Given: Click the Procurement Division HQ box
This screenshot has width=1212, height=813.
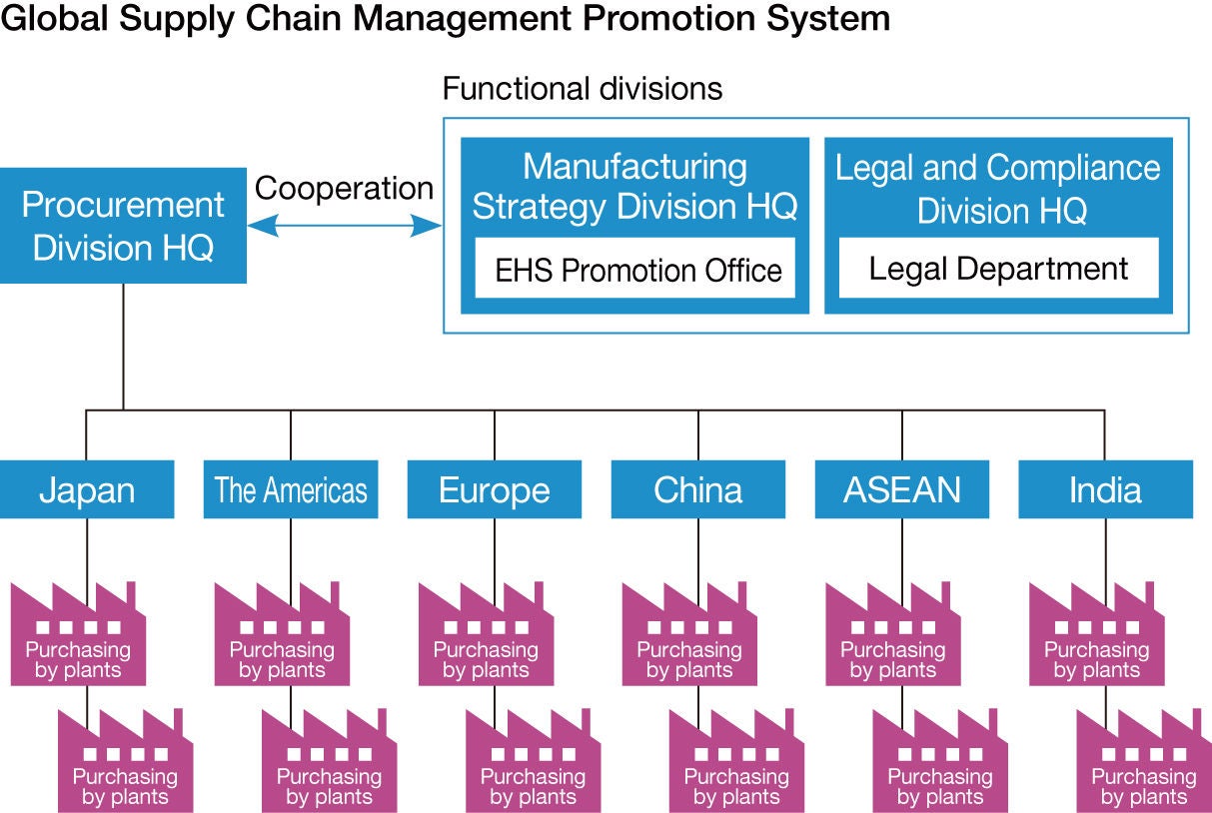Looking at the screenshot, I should coord(123,225).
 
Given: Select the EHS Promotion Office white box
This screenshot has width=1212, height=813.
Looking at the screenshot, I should coord(635,269).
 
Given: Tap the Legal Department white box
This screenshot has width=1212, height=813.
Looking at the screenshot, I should coord(998,268).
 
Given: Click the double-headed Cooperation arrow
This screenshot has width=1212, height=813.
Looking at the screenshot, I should coord(344,228).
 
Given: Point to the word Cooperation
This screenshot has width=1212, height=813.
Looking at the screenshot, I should coord(344,188).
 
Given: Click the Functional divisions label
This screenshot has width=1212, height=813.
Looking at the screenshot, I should coord(582,88).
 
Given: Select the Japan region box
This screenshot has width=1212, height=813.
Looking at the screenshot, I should coord(87,489).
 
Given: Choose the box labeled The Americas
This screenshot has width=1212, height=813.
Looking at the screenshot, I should coord(291,489).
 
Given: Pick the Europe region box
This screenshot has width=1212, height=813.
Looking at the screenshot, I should coord(495,489).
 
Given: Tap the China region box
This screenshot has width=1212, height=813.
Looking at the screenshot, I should coord(698,489).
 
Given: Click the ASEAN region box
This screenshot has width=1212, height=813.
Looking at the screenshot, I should coord(902,489).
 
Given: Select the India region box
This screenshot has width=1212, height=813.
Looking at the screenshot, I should coord(1105,489).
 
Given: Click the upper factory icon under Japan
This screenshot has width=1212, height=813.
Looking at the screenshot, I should coord(79,639).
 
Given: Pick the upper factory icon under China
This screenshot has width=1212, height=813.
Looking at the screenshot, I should coord(689,639).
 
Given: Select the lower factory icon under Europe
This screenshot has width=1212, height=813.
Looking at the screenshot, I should coord(533,764).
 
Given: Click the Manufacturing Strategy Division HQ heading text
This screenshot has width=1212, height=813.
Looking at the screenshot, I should coord(634,186).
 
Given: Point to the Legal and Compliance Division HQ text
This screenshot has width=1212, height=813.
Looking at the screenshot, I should coord(998,188).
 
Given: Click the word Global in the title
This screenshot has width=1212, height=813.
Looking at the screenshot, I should coord(56,17).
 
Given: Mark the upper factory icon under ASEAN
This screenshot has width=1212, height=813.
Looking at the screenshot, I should coord(893,639).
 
